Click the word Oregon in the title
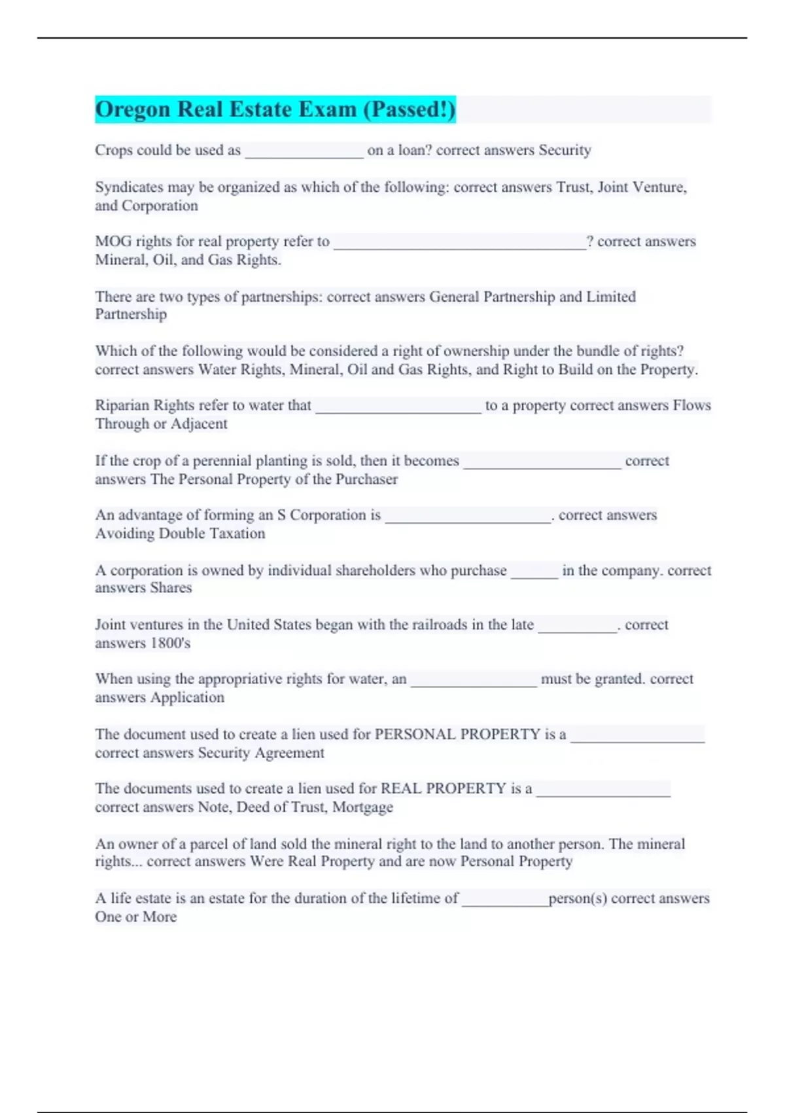[133, 109]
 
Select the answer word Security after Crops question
[565, 150]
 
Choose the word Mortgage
[362, 807]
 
